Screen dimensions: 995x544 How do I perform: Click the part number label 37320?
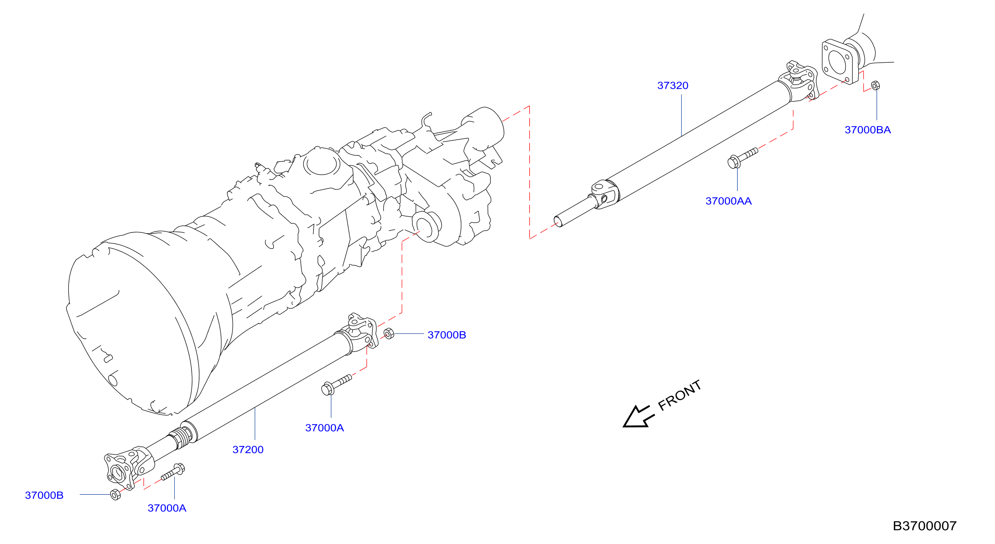tap(673, 85)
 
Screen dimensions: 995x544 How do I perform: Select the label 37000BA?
tap(867, 130)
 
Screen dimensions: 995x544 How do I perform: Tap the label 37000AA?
tap(728, 201)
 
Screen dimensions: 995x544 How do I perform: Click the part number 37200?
tap(248, 449)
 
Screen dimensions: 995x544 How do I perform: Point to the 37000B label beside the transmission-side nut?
tap(446, 335)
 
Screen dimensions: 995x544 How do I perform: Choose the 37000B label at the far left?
tap(44, 495)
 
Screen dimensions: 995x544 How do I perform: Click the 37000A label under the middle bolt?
tap(325, 428)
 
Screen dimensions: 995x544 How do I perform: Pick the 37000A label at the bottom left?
tap(167, 508)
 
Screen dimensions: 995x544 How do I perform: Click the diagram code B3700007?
tap(925, 526)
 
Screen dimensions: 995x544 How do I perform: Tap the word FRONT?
tap(680, 395)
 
